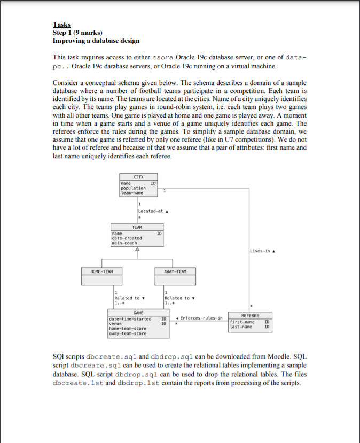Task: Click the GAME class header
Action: pyautogui.click(x=137, y=312)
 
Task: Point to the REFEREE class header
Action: pyautogui.click(x=251, y=316)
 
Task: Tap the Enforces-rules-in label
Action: pyautogui.click(x=200, y=318)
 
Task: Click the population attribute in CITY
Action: pyautogui.click(x=131, y=189)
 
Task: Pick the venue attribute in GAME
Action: pyautogui.click(x=115, y=323)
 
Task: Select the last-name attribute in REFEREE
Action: pyautogui.click(x=240, y=327)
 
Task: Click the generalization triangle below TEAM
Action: pyautogui.click(x=137, y=250)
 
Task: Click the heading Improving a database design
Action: pyautogui.click(x=96, y=41)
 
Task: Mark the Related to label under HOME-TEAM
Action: pyautogui.click(x=129, y=298)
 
